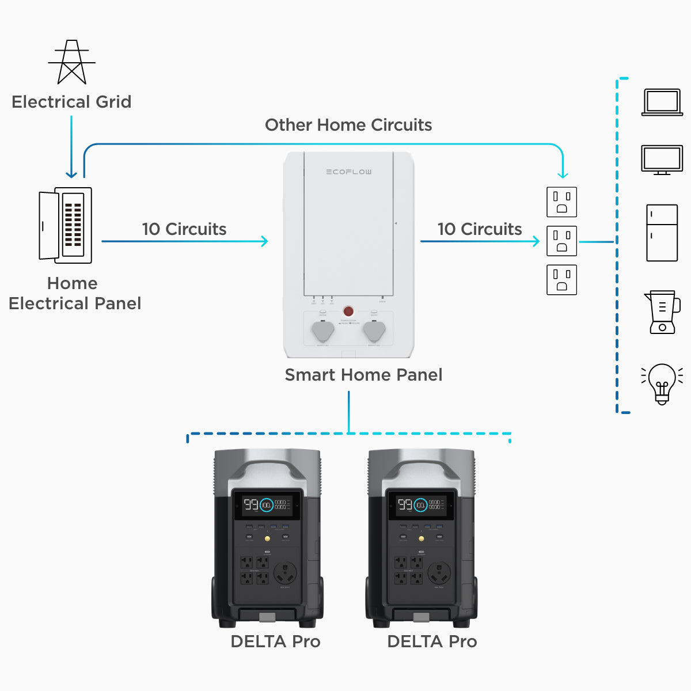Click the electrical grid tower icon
tap(71, 62)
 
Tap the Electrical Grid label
tap(71, 102)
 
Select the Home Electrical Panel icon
tap(66, 225)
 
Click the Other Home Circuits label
tap(348, 125)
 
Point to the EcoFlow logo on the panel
tap(348, 172)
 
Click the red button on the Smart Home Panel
tap(348, 311)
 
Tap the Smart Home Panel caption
tap(363, 375)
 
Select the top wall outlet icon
tap(561, 202)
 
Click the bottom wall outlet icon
tap(561, 279)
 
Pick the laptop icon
tap(662, 102)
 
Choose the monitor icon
tap(662, 160)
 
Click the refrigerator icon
tap(662, 233)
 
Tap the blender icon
tap(662, 312)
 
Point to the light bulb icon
tap(662, 383)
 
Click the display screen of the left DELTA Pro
tap(267, 505)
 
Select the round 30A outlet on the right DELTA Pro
tap(439, 573)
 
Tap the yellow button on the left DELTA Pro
tap(267, 539)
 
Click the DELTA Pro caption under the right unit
tap(432, 641)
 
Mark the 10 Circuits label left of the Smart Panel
tap(184, 229)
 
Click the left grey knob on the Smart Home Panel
tap(322, 332)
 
